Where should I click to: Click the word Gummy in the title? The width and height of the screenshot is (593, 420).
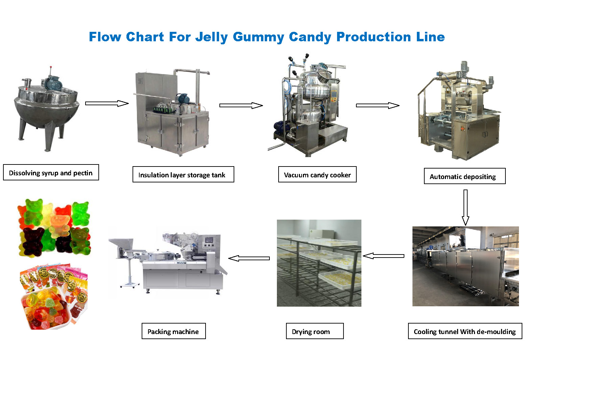click(x=258, y=37)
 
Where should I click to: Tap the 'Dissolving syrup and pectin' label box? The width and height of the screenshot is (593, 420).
click(x=51, y=172)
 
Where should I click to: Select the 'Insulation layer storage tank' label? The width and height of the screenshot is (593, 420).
click(x=183, y=174)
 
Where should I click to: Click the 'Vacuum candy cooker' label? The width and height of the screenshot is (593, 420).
click(x=317, y=174)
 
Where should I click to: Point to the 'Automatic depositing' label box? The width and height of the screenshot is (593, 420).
click(x=465, y=176)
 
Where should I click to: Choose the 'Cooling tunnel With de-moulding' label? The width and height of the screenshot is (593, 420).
click(x=465, y=331)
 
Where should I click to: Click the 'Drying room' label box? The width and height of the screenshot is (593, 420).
click(x=315, y=331)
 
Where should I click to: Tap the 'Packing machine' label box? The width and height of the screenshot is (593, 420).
click(x=174, y=331)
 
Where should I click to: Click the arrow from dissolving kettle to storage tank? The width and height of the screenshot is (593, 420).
click(x=107, y=103)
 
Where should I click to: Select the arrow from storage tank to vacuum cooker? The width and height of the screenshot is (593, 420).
click(x=241, y=105)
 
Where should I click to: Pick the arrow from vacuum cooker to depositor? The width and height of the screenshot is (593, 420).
click(x=378, y=105)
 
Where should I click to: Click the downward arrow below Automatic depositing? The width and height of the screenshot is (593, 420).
click(x=466, y=207)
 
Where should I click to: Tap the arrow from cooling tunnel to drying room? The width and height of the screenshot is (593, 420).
click(x=383, y=256)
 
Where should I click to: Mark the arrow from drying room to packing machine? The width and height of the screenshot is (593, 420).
click(x=249, y=258)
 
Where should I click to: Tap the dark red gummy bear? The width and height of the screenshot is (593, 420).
click(x=33, y=241)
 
